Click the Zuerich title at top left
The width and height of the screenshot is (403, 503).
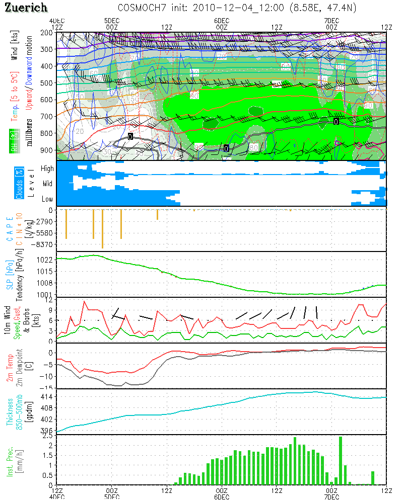(x=26, y=8)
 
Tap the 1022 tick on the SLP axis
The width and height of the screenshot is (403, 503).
(x=45, y=260)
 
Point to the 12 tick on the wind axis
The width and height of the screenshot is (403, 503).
(x=49, y=300)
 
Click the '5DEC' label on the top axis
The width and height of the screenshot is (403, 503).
(x=112, y=21)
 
